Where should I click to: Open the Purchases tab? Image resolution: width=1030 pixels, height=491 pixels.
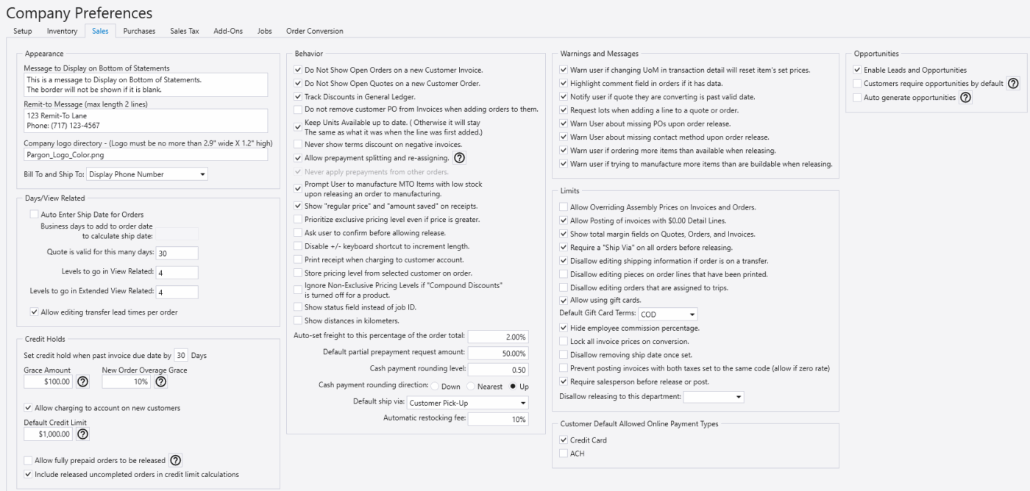pos(139,31)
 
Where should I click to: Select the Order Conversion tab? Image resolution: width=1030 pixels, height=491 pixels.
pos(314,31)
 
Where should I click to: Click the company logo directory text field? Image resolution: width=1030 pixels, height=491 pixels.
pos(146,156)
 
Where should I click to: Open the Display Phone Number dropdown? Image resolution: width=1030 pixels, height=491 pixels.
pos(147,174)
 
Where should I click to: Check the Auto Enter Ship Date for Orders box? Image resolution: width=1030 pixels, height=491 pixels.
pos(35,215)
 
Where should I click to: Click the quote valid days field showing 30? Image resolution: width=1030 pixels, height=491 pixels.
pos(177,253)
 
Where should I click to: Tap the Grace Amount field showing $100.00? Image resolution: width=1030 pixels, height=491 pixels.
pos(48,382)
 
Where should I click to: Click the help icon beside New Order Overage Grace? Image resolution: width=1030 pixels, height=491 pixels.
pos(160,382)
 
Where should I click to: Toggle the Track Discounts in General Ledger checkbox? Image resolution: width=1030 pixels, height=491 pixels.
pos(298,96)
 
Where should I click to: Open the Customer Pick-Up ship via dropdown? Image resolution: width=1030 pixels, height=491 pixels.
pos(468,403)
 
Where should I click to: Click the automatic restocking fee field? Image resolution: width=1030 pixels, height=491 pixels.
pos(498,419)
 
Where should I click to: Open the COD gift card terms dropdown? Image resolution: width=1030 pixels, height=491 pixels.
pos(663,314)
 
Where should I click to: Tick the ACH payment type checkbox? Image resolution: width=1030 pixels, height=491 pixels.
pos(564,454)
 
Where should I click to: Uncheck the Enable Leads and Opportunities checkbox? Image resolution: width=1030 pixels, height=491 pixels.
pos(858,70)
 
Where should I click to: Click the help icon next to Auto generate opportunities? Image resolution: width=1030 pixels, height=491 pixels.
pos(966,97)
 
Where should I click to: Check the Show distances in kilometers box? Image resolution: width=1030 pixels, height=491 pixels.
pos(298,320)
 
